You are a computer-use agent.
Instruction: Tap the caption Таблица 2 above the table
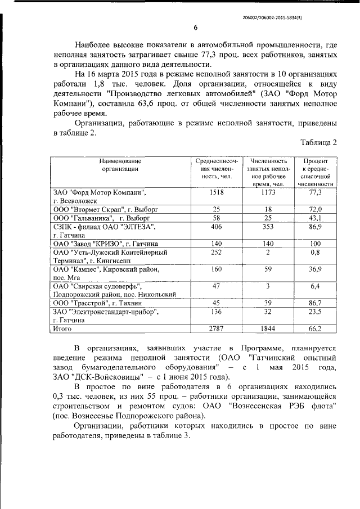[318, 142]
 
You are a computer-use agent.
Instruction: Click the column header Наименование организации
[120, 164]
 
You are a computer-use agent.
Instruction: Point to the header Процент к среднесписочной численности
[316, 172]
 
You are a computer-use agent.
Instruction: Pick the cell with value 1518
[217, 192]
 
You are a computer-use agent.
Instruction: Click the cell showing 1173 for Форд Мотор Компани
[268, 192]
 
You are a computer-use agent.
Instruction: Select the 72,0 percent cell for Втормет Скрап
[316, 209]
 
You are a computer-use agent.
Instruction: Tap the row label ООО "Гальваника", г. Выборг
[101, 218]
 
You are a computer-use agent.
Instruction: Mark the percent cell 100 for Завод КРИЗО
[316, 244]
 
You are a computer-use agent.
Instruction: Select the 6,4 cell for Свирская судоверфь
[316, 286]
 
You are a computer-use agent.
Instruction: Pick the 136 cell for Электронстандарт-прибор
[217, 312]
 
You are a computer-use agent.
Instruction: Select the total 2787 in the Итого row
[217, 328]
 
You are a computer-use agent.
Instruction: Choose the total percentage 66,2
[316, 328]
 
